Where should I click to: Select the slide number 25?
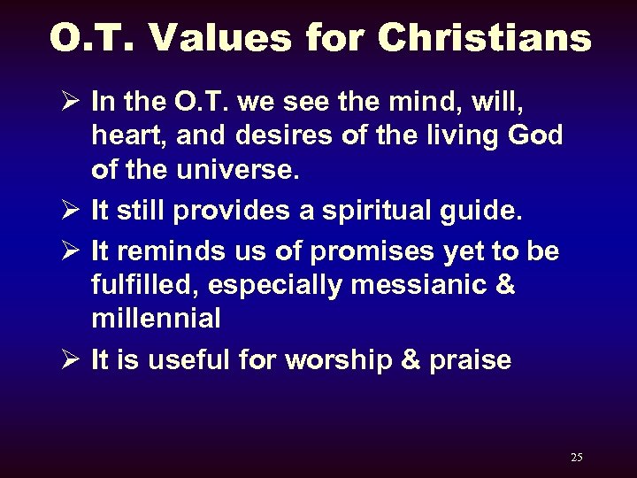point(577,457)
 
